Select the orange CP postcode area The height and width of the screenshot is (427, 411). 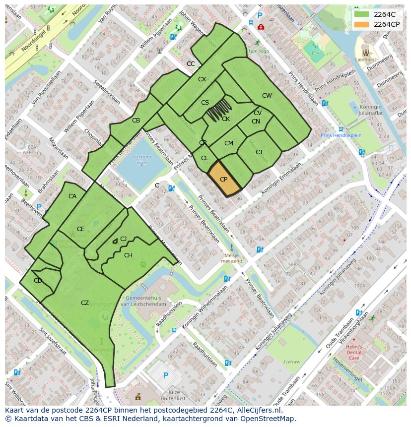click(223, 179)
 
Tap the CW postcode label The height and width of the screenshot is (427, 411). click(267, 96)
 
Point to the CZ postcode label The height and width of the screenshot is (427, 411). click(85, 303)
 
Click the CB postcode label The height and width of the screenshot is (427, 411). click(136, 121)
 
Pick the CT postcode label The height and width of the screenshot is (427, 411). click(259, 152)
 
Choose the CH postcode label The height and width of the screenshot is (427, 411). click(128, 255)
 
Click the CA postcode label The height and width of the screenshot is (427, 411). click(72, 196)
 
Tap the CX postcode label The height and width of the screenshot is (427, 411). click(202, 79)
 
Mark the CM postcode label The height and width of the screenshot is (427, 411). click(228, 143)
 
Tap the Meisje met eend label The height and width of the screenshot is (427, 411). click(231, 257)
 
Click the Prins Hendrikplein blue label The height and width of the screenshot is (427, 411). click(341, 135)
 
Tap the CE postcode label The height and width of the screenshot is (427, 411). click(80, 229)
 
